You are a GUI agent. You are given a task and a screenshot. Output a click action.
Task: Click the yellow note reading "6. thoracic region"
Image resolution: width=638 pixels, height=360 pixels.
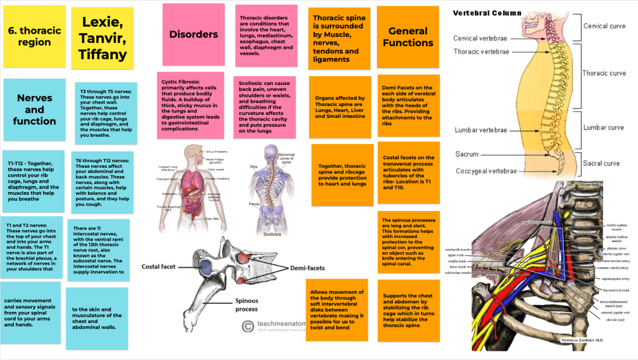pyautogui.click(x=34, y=37)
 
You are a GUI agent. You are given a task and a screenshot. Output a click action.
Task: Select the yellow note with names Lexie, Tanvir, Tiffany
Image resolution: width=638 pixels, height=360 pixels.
pyautogui.click(x=102, y=37)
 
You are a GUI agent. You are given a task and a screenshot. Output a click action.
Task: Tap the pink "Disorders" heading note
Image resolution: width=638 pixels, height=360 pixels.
pyautogui.click(x=194, y=34)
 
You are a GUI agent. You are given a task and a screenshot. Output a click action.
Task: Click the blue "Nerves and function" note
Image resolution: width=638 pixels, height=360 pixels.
pyautogui.click(x=34, y=109)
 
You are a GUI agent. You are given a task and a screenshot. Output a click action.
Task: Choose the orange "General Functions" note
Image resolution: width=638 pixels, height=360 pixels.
pyautogui.click(x=408, y=37)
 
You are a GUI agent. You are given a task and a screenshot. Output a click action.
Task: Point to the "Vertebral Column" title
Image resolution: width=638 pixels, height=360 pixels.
pyautogui.click(x=487, y=12)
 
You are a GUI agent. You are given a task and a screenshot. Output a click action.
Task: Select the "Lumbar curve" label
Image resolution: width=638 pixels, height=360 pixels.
pyautogui.click(x=603, y=127)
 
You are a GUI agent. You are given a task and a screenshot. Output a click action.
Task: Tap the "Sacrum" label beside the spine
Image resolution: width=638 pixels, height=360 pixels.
pyautogui.click(x=467, y=154)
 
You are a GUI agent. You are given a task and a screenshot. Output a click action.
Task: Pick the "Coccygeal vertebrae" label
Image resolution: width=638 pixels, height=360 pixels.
pyautogui.click(x=486, y=171)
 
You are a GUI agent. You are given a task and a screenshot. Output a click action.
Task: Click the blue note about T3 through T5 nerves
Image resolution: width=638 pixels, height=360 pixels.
pyautogui.click(x=106, y=112)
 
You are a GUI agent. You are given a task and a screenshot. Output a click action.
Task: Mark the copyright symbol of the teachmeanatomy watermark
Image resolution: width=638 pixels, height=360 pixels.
pyautogui.click(x=248, y=326)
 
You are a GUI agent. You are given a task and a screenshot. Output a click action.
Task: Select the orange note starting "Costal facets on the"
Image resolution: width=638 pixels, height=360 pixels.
pyautogui.click(x=408, y=172)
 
